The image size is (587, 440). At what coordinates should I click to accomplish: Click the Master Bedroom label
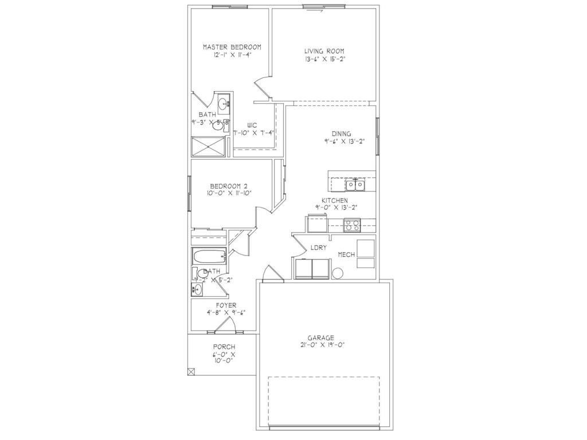(x=232, y=47)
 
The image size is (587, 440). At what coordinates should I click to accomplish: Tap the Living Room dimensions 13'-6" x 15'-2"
(x=324, y=58)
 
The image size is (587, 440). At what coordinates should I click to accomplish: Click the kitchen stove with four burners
(x=351, y=226)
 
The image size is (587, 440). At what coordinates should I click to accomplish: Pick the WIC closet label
(x=252, y=124)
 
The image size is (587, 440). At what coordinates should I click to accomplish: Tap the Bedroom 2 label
(x=228, y=186)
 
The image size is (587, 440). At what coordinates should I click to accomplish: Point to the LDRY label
(x=318, y=247)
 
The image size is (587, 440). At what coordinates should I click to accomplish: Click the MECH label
(x=346, y=254)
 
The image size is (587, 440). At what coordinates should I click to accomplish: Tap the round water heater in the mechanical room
(x=337, y=274)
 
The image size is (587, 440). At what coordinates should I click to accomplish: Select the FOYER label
(x=226, y=305)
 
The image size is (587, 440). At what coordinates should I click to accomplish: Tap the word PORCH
(x=224, y=347)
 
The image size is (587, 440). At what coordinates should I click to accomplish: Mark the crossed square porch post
(x=191, y=371)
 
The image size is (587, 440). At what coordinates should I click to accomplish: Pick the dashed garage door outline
(x=324, y=401)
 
